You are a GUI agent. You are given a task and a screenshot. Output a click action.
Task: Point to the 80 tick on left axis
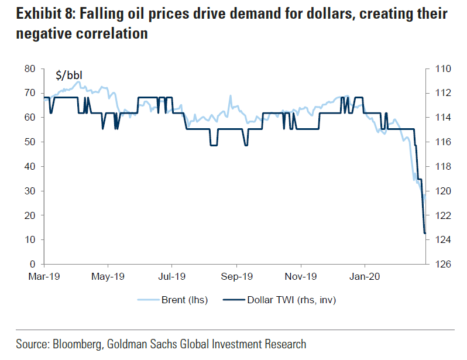click(x=30, y=68)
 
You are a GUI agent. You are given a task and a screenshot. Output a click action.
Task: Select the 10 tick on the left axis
click(x=30, y=240)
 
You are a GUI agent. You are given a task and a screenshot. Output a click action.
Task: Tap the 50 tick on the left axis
click(x=30, y=142)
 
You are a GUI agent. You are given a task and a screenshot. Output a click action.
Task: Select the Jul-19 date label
click(x=172, y=276)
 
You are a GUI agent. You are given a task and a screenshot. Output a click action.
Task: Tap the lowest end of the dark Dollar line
click(x=424, y=234)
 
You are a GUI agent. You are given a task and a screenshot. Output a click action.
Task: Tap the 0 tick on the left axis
click(x=33, y=265)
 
